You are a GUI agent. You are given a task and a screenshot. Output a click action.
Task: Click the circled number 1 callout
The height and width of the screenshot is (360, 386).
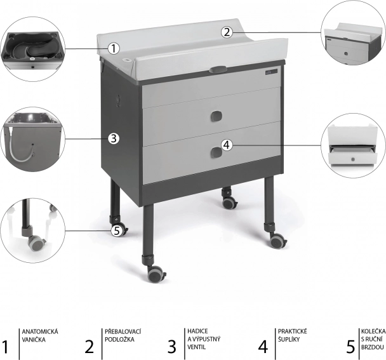(113, 48)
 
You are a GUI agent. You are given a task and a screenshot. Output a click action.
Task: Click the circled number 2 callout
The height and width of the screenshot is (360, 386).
(227, 32)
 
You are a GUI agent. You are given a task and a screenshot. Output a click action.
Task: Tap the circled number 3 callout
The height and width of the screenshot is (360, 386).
(113, 138)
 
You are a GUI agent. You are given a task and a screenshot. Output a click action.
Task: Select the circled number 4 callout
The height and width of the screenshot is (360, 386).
(227, 145)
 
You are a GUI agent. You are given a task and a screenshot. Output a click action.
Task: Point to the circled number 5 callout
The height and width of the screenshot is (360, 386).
(117, 231)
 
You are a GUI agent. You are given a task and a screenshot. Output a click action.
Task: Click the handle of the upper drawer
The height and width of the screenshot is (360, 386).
(216, 116)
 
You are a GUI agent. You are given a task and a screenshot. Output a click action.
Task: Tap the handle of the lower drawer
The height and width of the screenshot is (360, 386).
(216, 152)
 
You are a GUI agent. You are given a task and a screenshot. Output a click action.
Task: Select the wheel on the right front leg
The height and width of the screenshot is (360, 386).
(277, 241)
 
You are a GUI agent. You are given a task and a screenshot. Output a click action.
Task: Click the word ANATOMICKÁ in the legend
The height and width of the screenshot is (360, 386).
(40, 331)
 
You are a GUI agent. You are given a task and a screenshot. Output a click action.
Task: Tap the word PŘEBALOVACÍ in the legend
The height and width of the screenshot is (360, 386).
(123, 331)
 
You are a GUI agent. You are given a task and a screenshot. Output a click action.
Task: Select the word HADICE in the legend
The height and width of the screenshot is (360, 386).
(197, 331)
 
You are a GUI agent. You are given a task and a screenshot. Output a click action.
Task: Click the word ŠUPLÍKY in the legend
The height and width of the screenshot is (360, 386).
(289, 339)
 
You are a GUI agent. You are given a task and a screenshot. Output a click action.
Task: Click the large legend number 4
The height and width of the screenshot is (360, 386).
(263, 347)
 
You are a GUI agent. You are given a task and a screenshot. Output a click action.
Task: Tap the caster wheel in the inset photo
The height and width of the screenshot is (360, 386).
(36, 243)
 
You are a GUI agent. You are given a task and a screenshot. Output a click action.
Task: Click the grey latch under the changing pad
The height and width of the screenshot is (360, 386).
(218, 69)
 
